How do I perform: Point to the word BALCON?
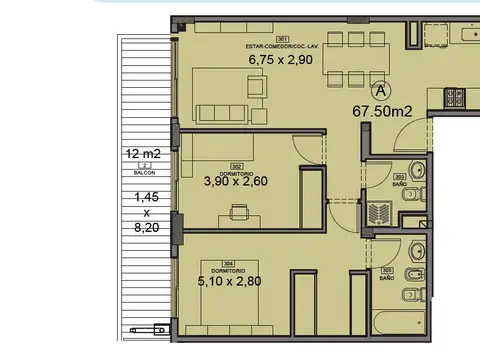(x=145, y=173)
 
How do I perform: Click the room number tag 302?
(x=237, y=167)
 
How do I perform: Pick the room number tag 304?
(x=228, y=264)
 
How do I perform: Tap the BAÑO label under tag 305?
(x=386, y=278)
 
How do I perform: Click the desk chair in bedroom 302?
(x=238, y=210)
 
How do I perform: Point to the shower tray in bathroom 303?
(x=379, y=213)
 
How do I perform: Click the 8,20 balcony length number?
(x=145, y=228)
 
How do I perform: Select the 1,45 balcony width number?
(x=145, y=198)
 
